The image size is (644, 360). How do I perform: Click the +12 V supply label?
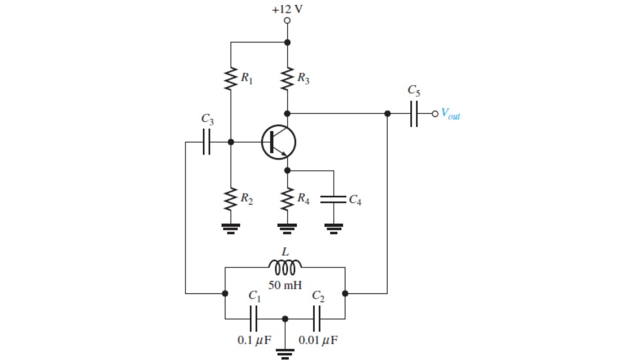point(287,9)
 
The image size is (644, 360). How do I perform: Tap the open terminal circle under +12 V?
point(287,21)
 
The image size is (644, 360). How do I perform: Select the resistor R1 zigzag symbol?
point(231,79)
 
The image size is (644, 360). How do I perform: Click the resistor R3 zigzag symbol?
point(287,79)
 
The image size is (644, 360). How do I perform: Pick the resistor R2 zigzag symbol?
point(231,199)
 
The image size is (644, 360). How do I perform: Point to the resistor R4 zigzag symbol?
point(287,199)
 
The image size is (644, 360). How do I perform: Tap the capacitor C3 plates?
point(206,142)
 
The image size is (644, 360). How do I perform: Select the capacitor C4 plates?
point(333,199)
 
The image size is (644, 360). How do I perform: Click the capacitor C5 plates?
point(414,114)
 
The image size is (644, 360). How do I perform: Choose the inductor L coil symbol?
point(285,267)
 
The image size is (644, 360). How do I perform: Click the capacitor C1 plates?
point(254,319)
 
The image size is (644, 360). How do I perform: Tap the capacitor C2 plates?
point(316,319)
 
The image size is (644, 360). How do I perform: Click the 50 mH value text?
point(285,285)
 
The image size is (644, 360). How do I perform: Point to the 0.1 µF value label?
point(254,340)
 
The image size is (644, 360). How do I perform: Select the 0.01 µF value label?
point(318,340)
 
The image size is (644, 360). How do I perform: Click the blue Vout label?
point(450,114)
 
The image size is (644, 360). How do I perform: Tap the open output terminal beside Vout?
point(435,114)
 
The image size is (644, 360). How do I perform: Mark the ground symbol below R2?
point(231,229)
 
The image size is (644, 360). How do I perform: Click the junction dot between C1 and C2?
point(285,319)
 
